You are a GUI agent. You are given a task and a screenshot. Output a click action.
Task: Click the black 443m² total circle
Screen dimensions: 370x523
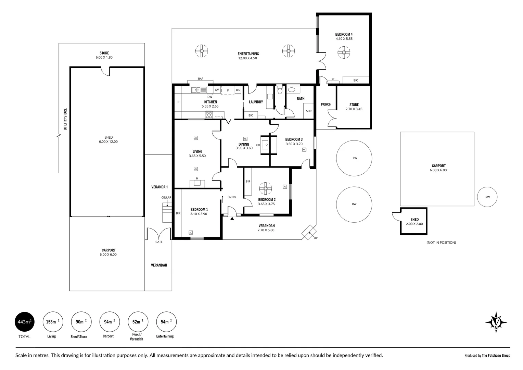(x=24, y=322)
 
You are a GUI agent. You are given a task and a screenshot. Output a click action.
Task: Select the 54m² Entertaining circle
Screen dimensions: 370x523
(x=166, y=322)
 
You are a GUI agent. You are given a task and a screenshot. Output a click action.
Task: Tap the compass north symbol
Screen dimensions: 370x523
(x=496, y=322)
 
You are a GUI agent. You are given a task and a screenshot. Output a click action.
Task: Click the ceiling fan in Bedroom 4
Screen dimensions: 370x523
(x=344, y=52)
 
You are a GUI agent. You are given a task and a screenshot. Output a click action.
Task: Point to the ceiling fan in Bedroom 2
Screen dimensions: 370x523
(x=265, y=188)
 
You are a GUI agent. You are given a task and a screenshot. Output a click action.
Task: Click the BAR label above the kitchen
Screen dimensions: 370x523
(x=201, y=79)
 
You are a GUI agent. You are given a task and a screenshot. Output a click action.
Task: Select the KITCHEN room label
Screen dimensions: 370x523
(x=211, y=102)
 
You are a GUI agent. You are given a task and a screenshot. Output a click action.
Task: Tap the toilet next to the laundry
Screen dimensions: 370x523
(x=280, y=91)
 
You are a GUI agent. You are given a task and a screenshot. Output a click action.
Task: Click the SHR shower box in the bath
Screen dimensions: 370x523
(x=309, y=111)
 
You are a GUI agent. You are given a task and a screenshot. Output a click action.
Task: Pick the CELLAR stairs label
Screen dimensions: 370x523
(x=166, y=198)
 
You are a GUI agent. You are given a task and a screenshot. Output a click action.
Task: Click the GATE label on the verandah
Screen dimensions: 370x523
(x=159, y=242)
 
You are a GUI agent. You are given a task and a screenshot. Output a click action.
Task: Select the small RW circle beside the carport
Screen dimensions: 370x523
(x=487, y=197)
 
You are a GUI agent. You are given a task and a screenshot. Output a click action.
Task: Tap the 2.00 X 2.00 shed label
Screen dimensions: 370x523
(x=414, y=224)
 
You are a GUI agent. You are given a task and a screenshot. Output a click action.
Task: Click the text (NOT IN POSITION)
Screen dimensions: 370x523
(x=441, y=243)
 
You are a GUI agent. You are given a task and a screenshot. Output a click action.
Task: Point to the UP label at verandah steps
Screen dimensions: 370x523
(x=316, y=238)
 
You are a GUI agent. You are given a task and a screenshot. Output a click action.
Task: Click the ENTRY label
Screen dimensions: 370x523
(x=232, y=197)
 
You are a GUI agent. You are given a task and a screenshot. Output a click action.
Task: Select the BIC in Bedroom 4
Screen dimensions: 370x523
(x=356, y=80)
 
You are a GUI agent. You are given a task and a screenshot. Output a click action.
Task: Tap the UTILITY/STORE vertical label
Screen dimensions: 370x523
(x=65, y=120)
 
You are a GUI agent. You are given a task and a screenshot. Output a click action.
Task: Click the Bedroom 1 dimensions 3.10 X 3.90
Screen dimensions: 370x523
(x=199, y=214)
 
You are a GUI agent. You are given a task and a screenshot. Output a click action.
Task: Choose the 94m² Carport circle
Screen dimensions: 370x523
(x=110, y=322)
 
